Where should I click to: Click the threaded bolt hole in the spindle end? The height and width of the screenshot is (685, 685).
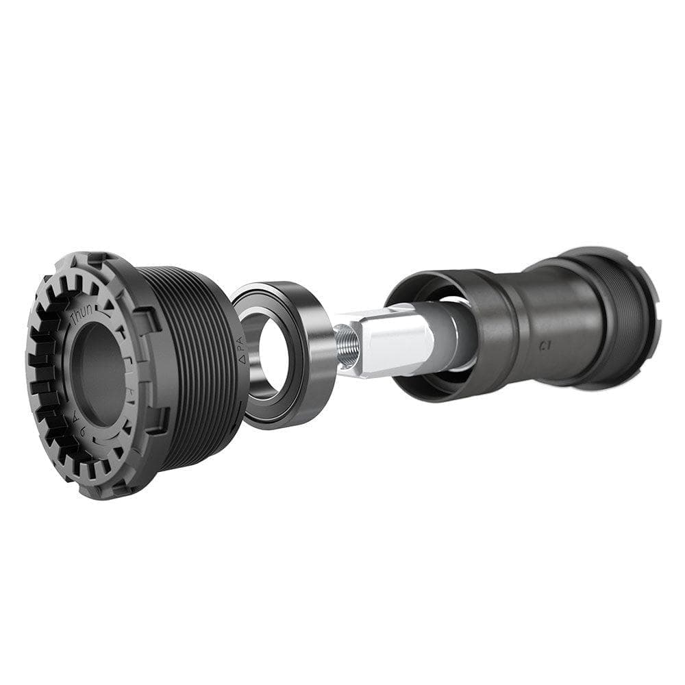[x=345, y=337]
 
